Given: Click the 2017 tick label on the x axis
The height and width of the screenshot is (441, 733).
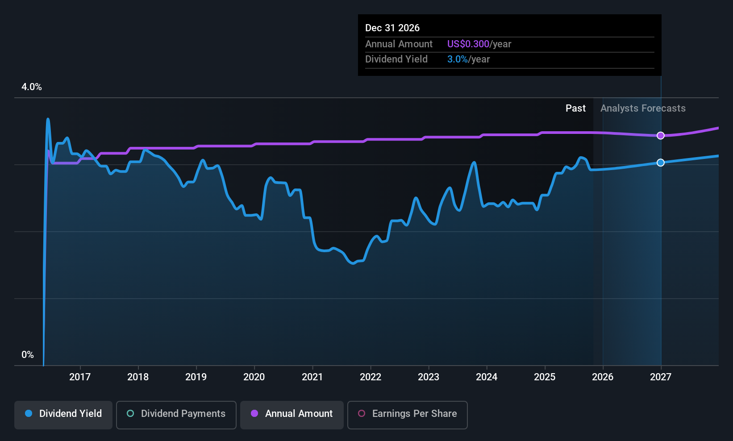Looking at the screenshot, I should coord(80,377).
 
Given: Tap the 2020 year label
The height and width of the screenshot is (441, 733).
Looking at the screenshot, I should coord(254,377).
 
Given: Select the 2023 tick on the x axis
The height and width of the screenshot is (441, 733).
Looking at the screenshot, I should coord(429,377).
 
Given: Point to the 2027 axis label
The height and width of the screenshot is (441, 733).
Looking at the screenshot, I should coord(661,377).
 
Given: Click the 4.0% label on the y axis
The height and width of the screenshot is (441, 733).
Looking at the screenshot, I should coord(32,87).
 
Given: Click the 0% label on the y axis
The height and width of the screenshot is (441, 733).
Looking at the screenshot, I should coord(28,355).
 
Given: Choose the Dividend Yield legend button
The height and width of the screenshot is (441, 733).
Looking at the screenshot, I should coord(63,414).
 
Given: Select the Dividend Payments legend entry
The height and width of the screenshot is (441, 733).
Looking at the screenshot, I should coord(176,414).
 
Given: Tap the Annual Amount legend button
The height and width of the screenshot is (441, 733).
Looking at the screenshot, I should coord(292,414).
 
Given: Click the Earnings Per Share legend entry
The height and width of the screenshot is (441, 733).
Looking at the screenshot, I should coord(407,414).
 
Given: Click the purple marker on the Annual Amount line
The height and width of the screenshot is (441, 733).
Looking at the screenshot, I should coord(661,136).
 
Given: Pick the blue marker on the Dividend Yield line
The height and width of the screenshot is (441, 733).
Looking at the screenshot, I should coord(661,163).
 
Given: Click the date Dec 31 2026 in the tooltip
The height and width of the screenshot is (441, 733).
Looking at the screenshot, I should coord(392,28).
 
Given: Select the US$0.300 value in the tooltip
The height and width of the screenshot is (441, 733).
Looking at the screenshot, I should coord(468,44).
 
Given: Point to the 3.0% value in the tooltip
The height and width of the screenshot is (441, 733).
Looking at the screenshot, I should coord(458,59).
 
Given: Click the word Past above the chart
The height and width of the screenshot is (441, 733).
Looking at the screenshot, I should coord(575,108).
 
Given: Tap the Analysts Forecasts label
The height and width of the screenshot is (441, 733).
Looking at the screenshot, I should coord(643,108).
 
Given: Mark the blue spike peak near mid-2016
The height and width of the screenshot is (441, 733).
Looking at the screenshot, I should coord(48,119).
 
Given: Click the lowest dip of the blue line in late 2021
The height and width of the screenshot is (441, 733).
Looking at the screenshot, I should coord(353,263).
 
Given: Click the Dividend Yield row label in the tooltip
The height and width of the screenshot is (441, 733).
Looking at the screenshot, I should coord(396,59).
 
